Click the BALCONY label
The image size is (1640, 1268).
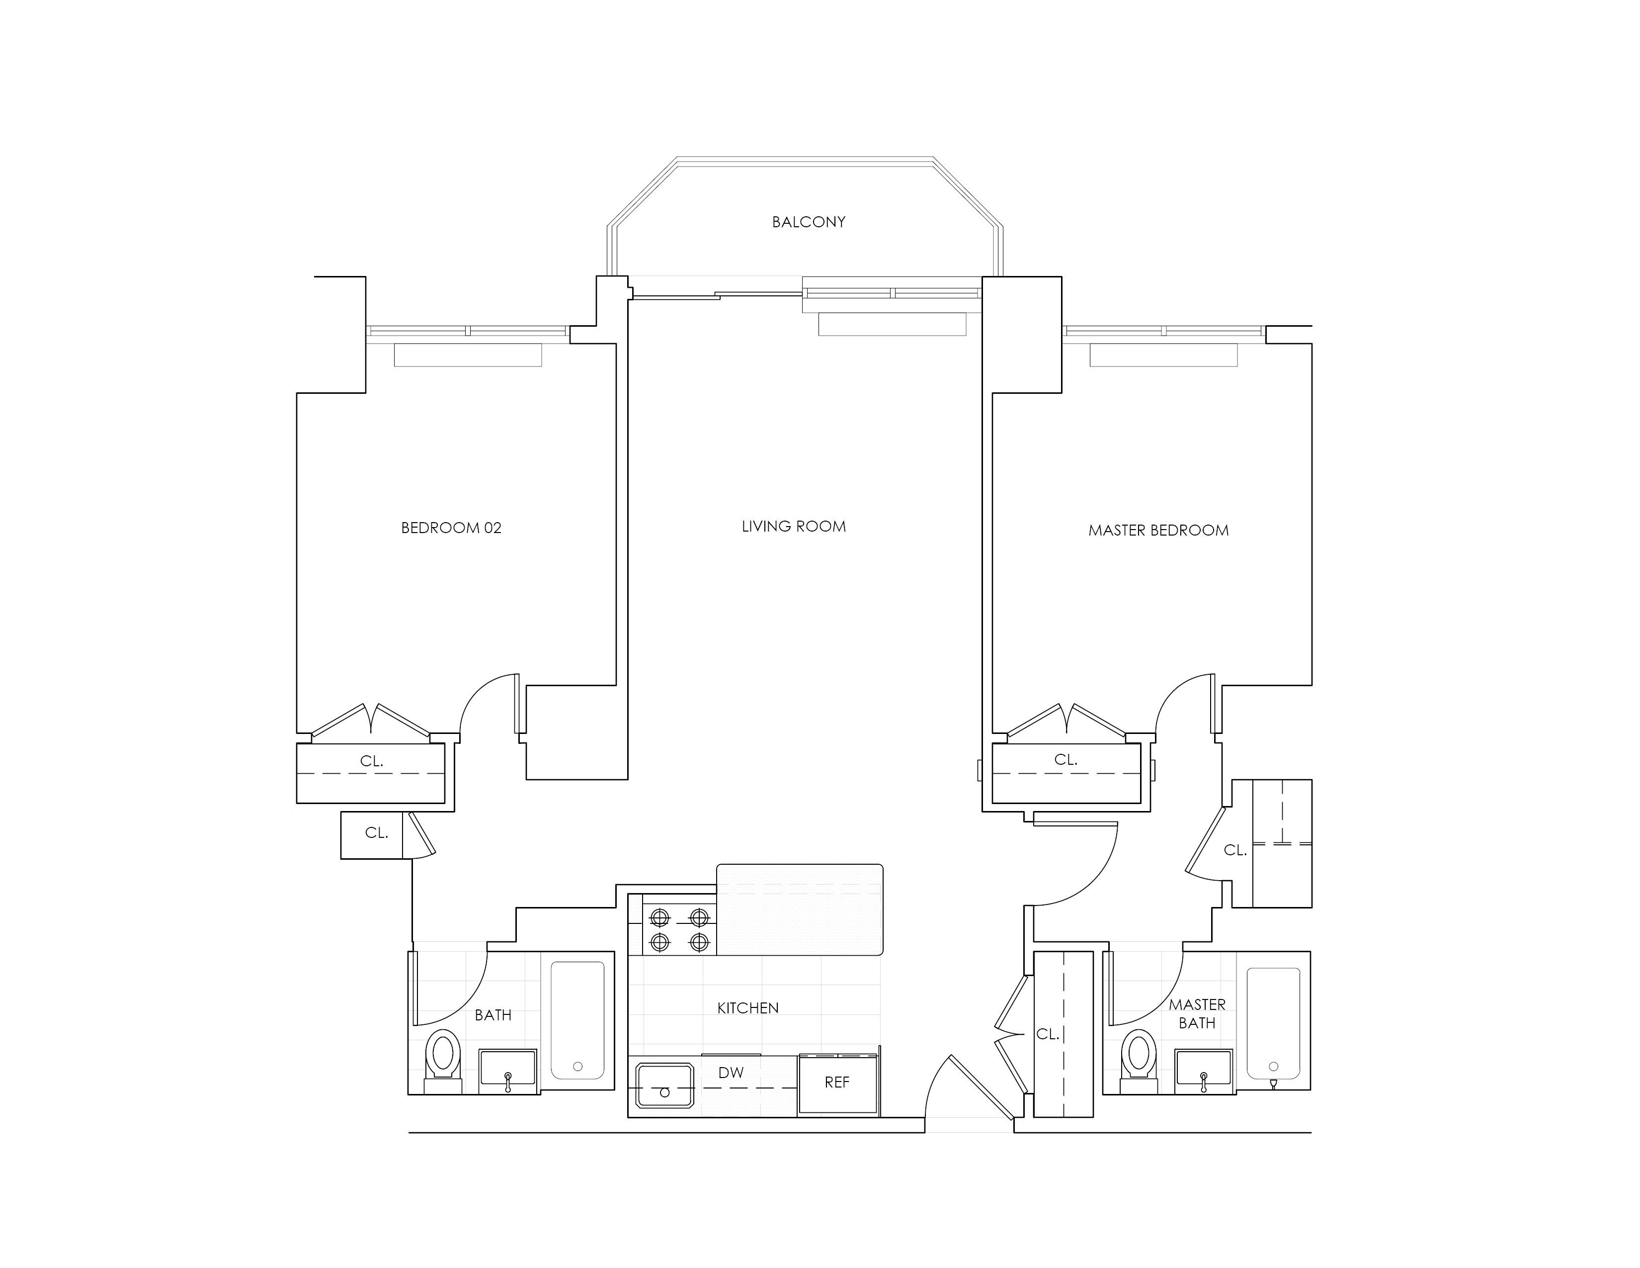tap(809, 222)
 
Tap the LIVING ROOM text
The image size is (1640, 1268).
tap(794, 527)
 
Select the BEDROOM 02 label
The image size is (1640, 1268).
tap(451, 528)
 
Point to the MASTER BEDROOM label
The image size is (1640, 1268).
tap(1158, 531)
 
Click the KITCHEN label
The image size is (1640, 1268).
tap(748, 1008)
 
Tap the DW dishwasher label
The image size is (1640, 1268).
tap(731, 1073)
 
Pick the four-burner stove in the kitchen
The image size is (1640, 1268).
tap(679, 929)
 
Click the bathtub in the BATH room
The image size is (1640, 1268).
tap(577, 1020)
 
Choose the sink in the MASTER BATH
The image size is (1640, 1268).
tap(1204, 1069)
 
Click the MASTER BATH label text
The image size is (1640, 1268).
tap(1197, 1014)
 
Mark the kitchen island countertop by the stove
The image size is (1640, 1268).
tap(800, 909)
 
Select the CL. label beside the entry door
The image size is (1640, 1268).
tap(1048, 1034)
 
